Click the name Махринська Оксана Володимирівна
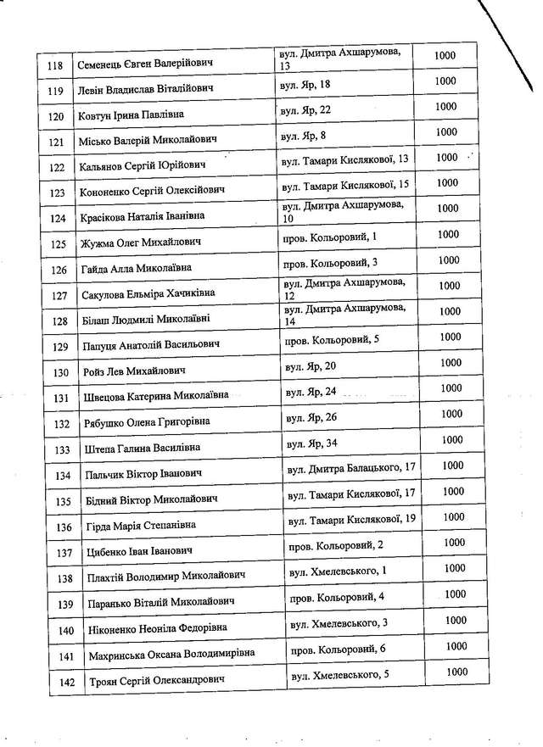[171, 655]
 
